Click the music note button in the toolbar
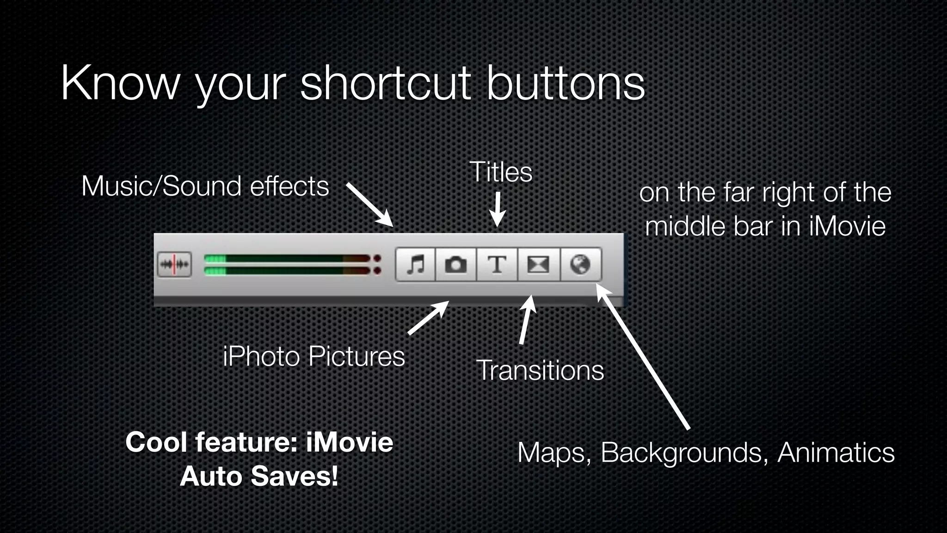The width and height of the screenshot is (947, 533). tap(415, 265)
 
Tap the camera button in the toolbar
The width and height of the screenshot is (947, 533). tap(455, 265)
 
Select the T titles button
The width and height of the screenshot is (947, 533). tap(497, 265)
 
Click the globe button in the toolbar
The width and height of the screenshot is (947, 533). tap(580, 265)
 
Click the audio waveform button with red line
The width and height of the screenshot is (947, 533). tap(174, 265)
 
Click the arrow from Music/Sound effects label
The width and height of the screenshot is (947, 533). tap(370, 204)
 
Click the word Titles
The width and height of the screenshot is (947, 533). tap(501, 172)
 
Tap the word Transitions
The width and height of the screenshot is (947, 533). tap(540, 371)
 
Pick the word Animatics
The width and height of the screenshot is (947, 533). tap(836, 452)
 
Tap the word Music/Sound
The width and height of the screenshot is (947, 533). tap(161, 186)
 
